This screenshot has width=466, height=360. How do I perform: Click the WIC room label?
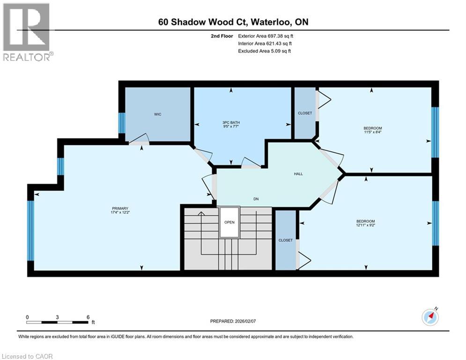tap(157, 114)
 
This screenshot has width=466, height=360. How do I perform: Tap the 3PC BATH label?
tap(231, 123)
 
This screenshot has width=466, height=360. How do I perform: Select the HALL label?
tap(298, 174)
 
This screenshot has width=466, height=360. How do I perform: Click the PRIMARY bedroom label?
tap(120, 209)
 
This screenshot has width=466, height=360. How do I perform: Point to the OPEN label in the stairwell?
tap(229, 222)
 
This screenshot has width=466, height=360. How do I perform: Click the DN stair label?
tap(256, 199)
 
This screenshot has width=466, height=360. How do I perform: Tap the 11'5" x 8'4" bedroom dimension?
tap(372, 132)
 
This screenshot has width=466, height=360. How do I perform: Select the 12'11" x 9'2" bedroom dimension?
tap(366, 225)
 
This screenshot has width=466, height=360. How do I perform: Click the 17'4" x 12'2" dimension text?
tap(120, 212)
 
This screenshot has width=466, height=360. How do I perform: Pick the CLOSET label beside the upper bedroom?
tap(305, 113)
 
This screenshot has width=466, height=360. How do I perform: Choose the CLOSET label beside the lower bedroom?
tap(286, 240)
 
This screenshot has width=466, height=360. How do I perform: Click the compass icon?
tap(430, 317)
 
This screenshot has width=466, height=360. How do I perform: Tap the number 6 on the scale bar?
tap(88, 317)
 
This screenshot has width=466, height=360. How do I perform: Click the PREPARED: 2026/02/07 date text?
tap(233, 321)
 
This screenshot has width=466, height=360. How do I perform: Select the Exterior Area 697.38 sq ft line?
tap(266, 36)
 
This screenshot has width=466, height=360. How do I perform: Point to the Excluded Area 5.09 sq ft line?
tap(265, 51)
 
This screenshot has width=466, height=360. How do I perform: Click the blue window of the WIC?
tap(122, 123)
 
